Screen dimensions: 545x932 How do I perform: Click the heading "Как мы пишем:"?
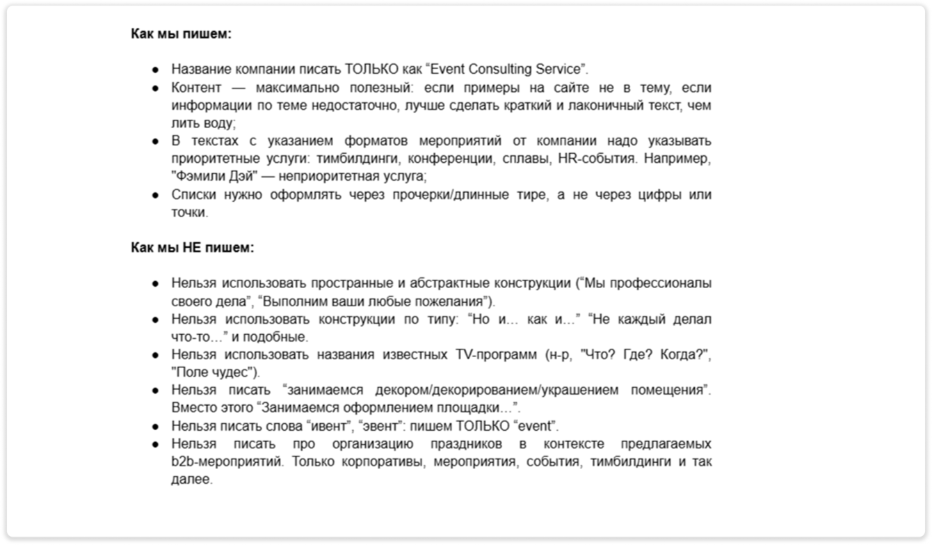pyautogui.click(x=181, y=33)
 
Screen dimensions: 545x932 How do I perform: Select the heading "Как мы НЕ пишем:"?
pyautogui.click(x=193, y=247)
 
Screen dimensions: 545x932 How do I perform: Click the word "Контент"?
pyautogui.click(x=196, y=88)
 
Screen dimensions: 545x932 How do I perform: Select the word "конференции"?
pyautogui.click(x=455, y=158)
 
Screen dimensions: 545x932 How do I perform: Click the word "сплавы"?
pyautogui.click(x=526, y=158)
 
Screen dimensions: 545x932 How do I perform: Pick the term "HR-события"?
pyautogui.click(x=597, y=158)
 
